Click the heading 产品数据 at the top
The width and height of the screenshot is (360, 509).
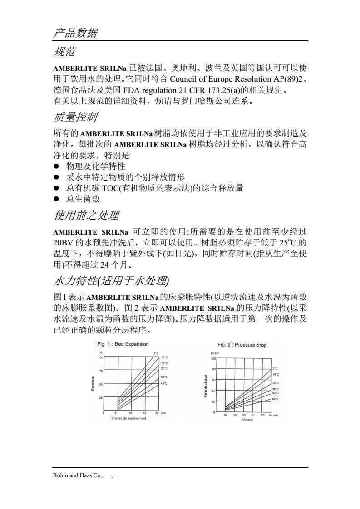pyautogui.click(x=75, y=33)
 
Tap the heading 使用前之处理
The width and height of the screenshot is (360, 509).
pyautogui.click(x=87, y=214)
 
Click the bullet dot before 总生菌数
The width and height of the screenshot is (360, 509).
pyautogui.click(x=57, y=199)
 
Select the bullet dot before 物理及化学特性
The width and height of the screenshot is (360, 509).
pyautogui.click(x=57, y=166)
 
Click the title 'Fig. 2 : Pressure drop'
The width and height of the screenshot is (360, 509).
pyautogui.click(x=242, y=345)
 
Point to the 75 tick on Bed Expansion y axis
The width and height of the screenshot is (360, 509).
pyautogui.click(x=101, y=371)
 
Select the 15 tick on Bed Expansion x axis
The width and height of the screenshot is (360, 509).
pyautogui.click(x=144, y=413)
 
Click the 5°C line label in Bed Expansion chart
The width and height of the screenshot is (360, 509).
pyautogui.click(x=155, y=353)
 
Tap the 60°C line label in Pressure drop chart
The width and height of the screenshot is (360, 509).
pyautogui.click(x=275, y=399)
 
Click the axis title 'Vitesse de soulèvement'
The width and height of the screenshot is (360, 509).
pyautogui.click(x=129, y=418)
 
